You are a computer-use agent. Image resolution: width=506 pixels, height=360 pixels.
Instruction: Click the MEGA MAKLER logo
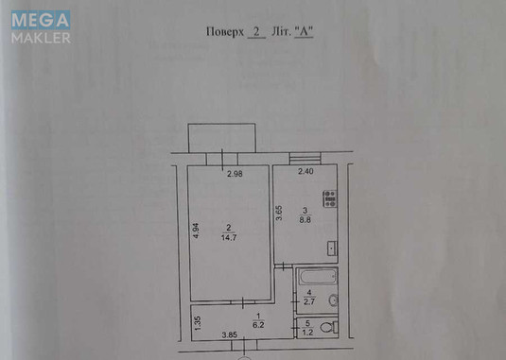41,27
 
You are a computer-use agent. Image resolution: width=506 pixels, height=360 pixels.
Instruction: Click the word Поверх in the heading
223,31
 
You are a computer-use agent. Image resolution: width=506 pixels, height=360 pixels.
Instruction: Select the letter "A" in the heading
304,31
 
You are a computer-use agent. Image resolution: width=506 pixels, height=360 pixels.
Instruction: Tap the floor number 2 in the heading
256,31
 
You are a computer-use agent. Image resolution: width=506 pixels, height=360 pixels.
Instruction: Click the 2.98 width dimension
235,173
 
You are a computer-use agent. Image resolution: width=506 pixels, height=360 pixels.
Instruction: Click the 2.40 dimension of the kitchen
305,172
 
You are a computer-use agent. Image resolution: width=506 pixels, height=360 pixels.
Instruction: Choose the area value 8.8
305,218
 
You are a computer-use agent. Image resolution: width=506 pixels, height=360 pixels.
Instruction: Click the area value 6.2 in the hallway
258,324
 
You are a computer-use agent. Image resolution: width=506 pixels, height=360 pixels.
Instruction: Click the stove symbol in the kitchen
330,198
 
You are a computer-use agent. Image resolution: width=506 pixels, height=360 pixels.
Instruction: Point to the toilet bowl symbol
327,327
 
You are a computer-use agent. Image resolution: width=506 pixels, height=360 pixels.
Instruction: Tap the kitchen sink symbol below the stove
331,249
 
